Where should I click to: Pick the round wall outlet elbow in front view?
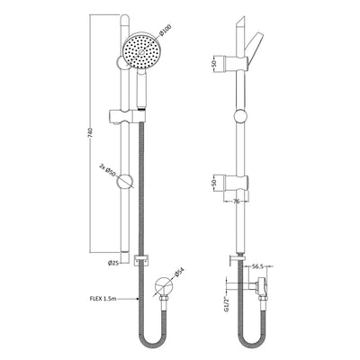[x=159, y=288]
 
